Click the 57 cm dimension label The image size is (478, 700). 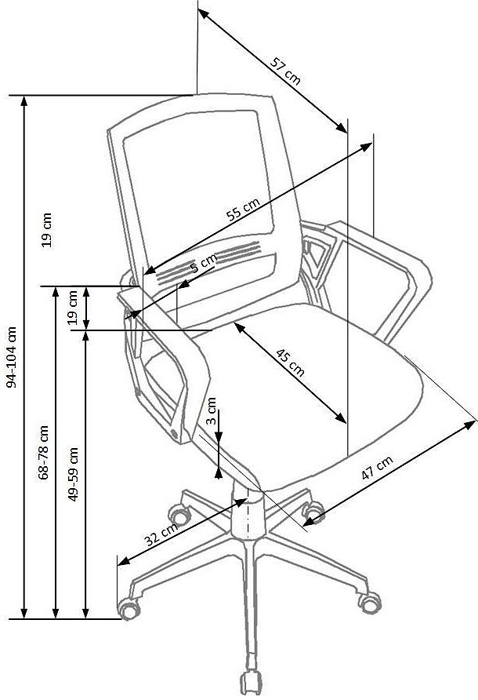285,71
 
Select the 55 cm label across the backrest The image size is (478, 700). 243,209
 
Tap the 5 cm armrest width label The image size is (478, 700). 203,263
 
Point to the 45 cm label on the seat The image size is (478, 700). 290,363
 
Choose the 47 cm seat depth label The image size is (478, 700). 377,468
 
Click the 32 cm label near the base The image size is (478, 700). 161,534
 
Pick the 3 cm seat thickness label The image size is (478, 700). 212,410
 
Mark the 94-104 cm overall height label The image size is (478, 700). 12,357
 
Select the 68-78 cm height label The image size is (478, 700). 43,453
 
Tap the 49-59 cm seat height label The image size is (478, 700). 73,474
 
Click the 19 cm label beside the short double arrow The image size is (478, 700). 72,307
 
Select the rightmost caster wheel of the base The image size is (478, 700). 370,603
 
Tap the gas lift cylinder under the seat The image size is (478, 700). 248,513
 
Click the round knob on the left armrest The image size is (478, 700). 174,432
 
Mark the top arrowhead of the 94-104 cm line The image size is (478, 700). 24,101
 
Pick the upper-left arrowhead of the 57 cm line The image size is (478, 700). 203,14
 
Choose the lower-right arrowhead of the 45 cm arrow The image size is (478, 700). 341,417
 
